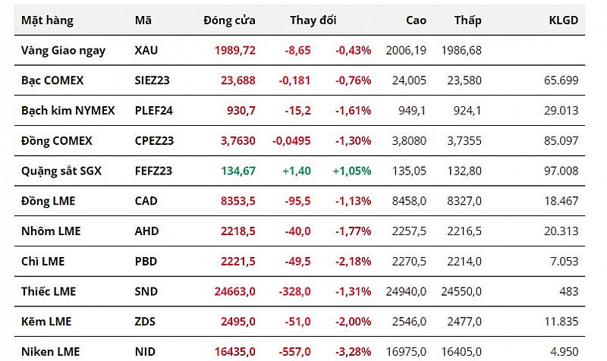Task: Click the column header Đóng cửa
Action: point(229,20)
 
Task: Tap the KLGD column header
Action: point(563,20)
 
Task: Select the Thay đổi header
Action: point(313,20)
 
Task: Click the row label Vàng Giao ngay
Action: point(63,50)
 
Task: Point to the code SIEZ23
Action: point(153,80)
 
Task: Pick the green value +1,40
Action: point(296,171)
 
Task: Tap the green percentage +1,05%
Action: point(351,171)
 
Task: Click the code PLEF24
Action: point(153,111)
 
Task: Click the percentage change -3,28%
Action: point(353,352)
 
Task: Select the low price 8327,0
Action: point(464,201)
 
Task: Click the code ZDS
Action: point(145,322)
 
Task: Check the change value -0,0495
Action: point(290,140)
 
